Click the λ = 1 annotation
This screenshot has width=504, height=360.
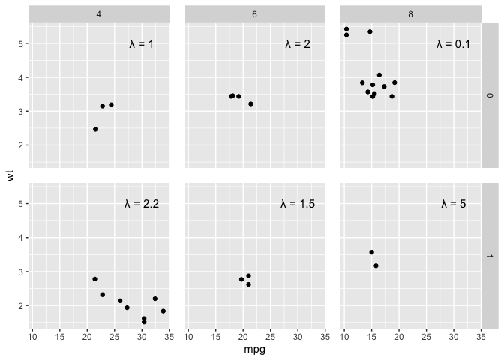point(142,43)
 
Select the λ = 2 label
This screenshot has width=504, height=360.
point(298,43)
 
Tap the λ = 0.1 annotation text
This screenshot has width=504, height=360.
point(453,43)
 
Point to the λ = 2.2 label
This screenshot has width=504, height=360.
point(142,204)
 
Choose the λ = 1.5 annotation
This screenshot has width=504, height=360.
point(298,204)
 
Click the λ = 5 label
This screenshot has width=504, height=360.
point(454,204)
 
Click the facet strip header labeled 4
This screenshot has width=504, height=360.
point(99,14)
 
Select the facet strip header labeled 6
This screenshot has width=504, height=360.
point(254,14)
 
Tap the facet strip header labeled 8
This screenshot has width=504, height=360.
point(410,14)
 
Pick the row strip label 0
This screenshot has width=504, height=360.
point(490,95)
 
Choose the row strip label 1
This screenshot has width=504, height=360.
point(490,256)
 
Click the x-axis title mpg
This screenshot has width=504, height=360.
point(255,349)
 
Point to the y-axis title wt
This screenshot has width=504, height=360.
point(10,175)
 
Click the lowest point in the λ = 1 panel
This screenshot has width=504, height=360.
point(95,129)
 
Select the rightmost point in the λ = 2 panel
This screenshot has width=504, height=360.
point(250,103)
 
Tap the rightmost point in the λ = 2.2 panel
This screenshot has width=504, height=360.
point(163,310)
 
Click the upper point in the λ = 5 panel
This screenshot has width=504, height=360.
point(371,252)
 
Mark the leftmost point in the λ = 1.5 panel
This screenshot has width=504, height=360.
point(241,279)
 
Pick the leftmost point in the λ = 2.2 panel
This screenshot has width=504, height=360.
point(94,279)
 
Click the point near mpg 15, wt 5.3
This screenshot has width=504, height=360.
point(370,31)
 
